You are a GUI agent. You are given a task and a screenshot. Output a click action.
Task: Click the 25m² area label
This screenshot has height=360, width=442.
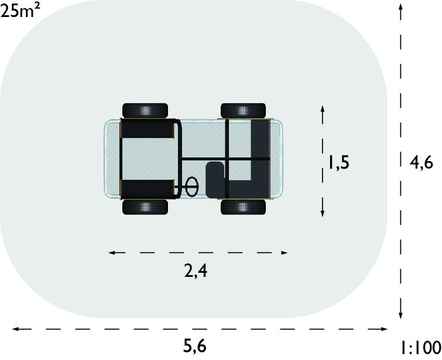(20, 11)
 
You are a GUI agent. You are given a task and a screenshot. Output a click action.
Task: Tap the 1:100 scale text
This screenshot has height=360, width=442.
(421, 348)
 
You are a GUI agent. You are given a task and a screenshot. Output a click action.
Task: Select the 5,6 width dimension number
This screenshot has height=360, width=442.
(195, 346)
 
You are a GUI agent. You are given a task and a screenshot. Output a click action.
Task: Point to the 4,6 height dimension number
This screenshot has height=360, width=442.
(421, 163)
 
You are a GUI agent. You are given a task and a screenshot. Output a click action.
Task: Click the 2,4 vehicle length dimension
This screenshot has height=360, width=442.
(196, 270)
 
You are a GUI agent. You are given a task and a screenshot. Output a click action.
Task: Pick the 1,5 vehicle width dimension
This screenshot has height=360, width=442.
(339, 163)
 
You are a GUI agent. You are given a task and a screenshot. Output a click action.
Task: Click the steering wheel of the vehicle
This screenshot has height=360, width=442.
(192, 186)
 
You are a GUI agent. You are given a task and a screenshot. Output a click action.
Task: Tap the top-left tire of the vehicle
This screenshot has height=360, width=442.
(145, 111)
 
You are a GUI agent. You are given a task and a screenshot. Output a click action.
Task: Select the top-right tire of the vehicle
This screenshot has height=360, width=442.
(244, 111)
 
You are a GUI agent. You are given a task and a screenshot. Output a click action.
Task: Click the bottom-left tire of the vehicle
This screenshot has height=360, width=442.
(145, 207)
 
